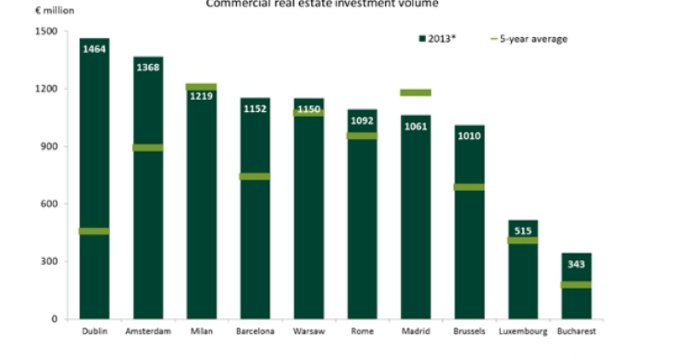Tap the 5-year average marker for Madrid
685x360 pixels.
416,93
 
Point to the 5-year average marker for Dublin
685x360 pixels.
94,231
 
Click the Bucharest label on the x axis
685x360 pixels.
577,331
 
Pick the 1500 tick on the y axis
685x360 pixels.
45,31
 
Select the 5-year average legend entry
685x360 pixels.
527,39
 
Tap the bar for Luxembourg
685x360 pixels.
523,278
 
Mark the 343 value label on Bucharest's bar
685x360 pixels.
577,262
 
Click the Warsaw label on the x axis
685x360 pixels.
309,331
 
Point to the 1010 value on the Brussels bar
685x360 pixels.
469,135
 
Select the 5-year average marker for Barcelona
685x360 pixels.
255,176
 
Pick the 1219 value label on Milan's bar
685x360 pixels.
202,95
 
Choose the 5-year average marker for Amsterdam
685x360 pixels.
148,147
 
